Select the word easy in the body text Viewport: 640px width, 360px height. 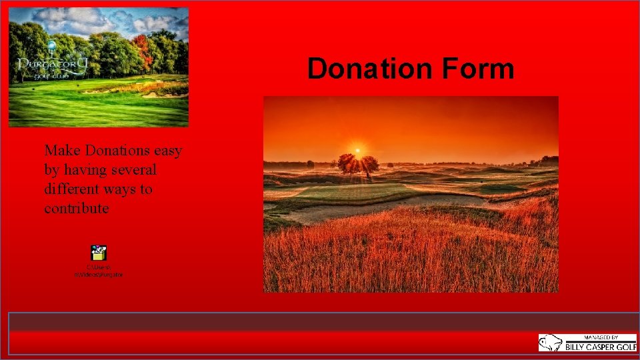point(167,151)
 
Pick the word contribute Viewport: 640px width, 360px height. point(76,208)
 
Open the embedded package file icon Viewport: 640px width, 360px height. point(99,253)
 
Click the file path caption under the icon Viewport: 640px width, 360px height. point(99,271)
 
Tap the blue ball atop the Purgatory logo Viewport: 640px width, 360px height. point(51,45)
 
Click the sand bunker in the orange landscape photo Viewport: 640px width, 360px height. point(387,205)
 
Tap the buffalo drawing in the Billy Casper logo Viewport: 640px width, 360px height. point(551,343)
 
